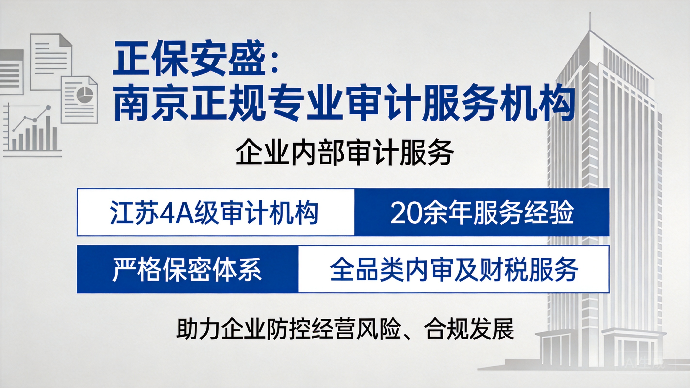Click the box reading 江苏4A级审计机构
(x=216, y=212)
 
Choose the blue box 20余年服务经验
(x=482, y=212)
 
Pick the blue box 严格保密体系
(x=188, y=269)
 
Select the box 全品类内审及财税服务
(x=454, y=269)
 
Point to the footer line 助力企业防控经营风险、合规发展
(x=345, y=329)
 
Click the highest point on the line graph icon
(x=48, y=107)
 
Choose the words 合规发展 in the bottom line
(x=469, y=329)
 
